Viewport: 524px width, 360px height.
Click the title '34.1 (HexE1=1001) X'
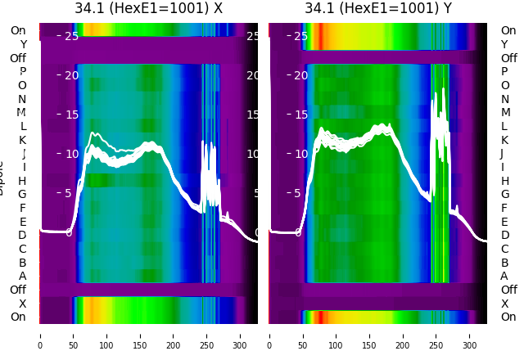(x=148, y=9)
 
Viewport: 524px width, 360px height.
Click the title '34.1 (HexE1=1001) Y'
(x=378, y=9)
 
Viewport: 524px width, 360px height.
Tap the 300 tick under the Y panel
(x=471, y=335)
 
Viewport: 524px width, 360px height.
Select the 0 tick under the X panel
(x=40, y=335)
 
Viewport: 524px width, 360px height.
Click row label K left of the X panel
(x=23, y=140)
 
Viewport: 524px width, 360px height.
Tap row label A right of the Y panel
(x=504, y=277)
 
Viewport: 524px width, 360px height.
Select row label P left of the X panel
(x=23, y=72)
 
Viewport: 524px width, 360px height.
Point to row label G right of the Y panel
(x=504, y=195)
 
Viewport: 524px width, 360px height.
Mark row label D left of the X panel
(x=23, y=236)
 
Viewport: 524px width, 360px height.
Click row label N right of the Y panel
(x=504, y=99)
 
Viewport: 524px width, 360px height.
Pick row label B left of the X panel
(x=23, y=263)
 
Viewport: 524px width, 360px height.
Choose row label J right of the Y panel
(x=502, y=154)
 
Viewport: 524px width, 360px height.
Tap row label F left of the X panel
(x=23, y=208)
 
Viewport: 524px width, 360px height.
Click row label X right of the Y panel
(x=504, y=304)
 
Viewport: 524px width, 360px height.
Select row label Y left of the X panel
(x=23, y=44)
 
